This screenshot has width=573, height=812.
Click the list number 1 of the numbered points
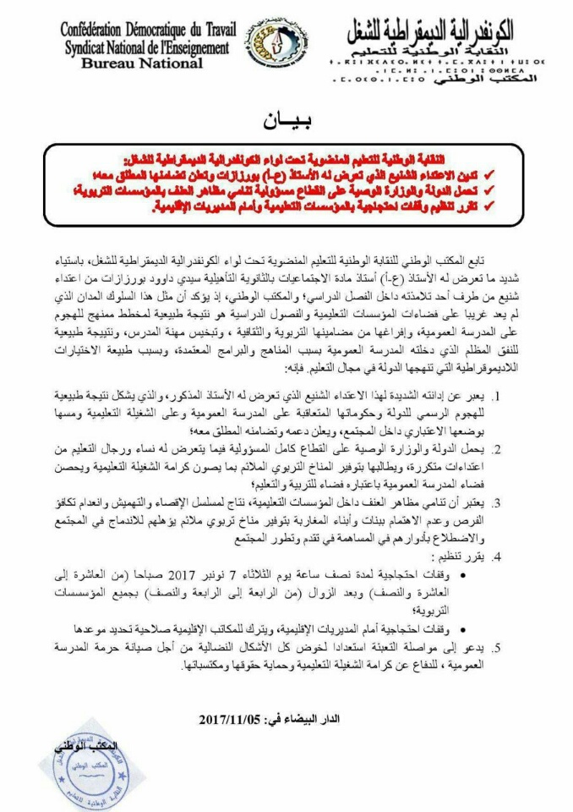pyautogui.click(x=521, y=397)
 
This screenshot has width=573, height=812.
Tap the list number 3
pyautogui.click(x=521, y=503)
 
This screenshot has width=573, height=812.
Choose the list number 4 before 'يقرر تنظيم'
pyautogui.click(x=521, y=557)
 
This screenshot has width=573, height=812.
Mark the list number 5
pyautogui.click(x=521, y=648)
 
